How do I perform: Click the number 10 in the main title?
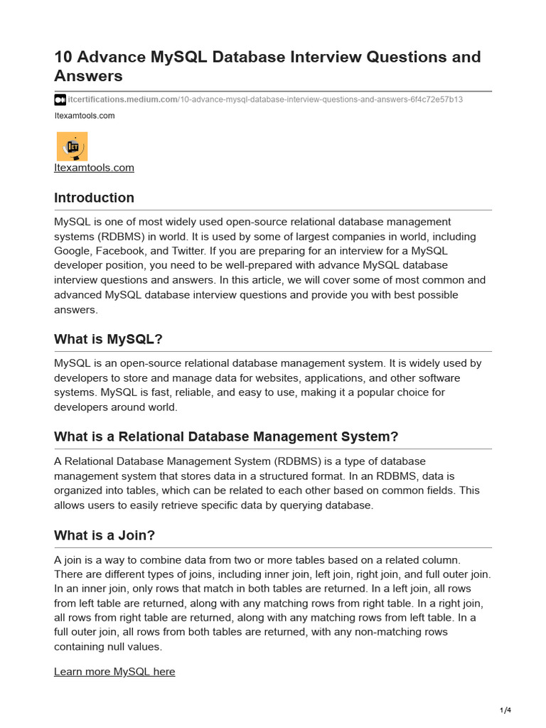click(x=64, y=57)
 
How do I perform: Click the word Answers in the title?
click(x=88, y=76)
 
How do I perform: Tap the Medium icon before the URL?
click(x=60, y=100)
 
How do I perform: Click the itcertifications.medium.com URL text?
click(x=122, y=100)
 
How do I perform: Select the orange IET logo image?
click(x=72, y=146)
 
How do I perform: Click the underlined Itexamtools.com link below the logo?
click(x=94, y=168)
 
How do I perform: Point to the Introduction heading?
click(x=94, y=198)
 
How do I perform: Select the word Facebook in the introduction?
click(x=132, y=251)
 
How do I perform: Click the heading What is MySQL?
click(x=108, y=339)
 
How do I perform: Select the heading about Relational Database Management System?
click(x=226, y=437)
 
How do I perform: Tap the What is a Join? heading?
click(x=105, y=535)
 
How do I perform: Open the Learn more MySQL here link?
click(x=114, y=672)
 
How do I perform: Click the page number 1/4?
click(x=505, y=710)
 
